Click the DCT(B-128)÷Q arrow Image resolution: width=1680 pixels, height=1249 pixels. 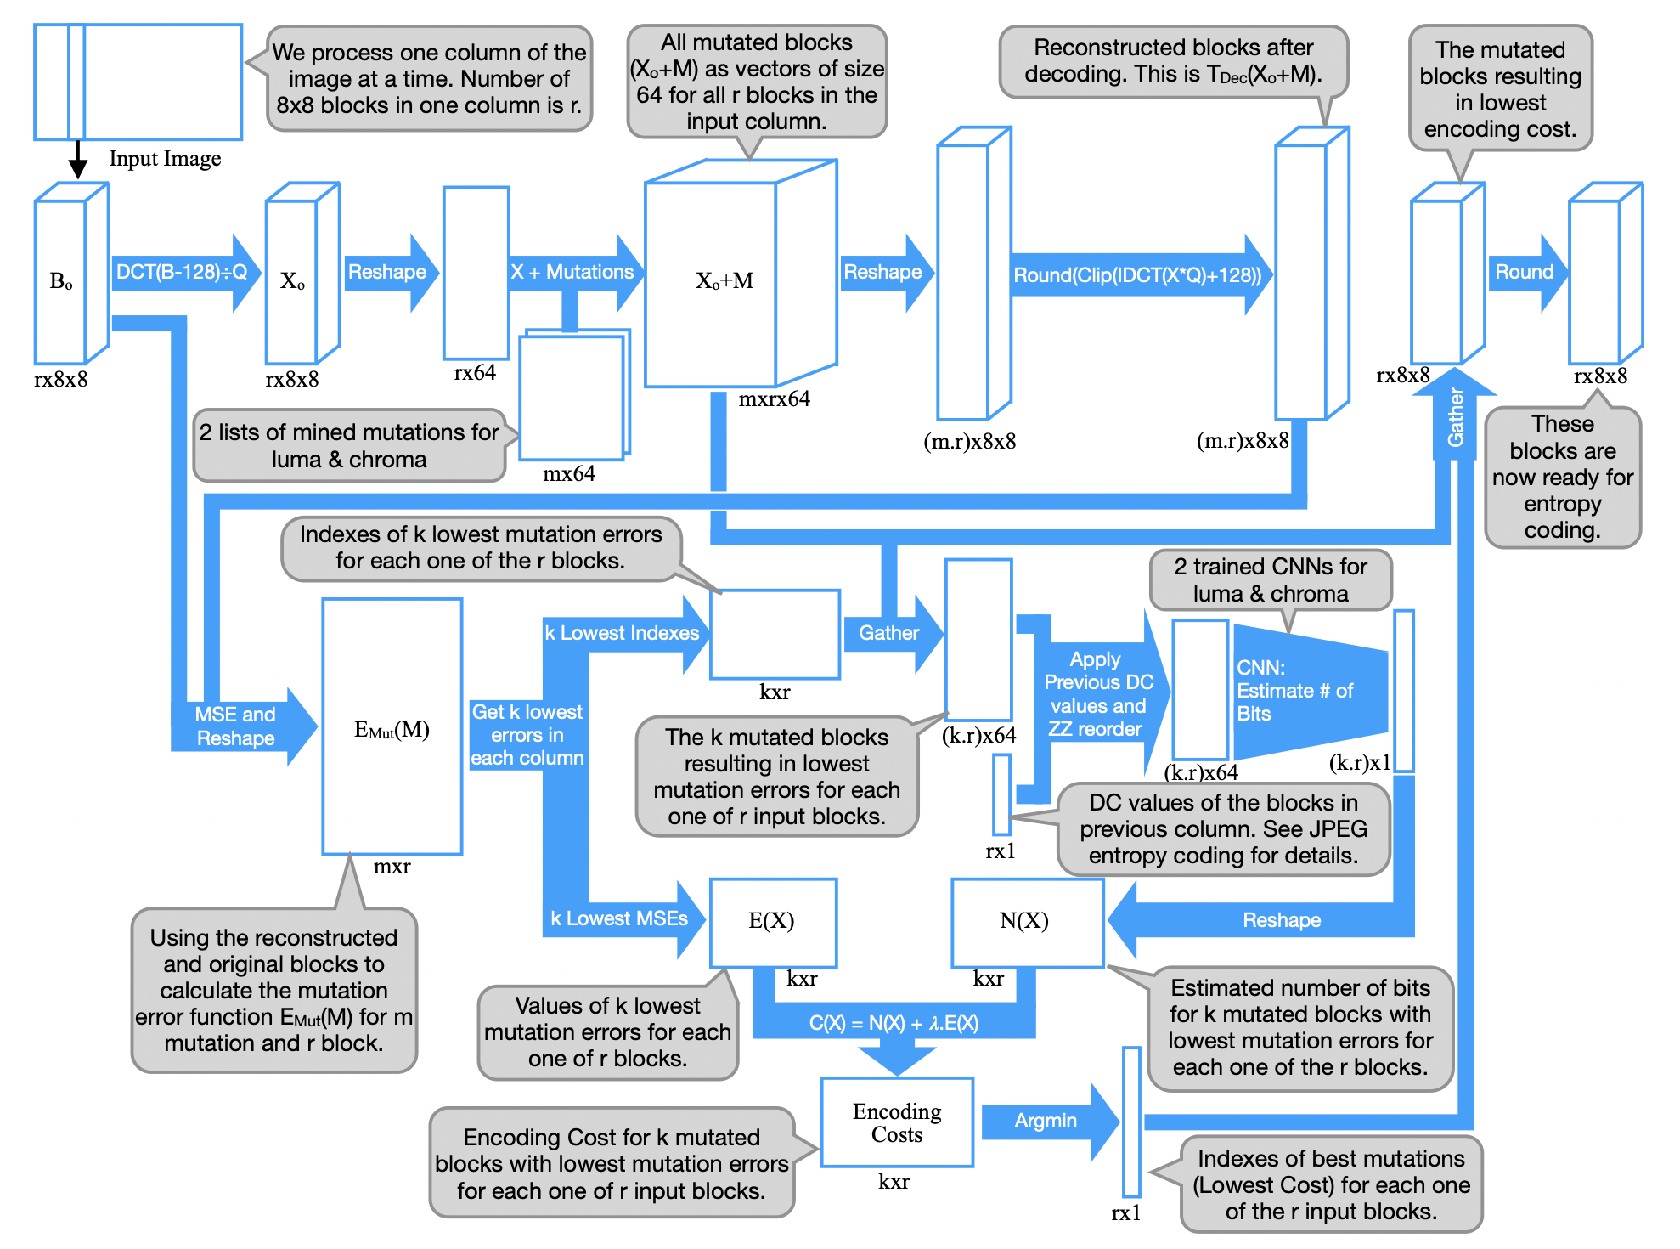pyautogui.click(x=182, y=273)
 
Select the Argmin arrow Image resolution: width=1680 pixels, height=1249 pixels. pyautogui.click(x=1046, y=1122)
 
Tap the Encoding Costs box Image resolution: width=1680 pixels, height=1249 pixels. pyautogui.click(x=897, y=1123)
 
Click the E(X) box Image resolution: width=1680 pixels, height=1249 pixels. pyautogui.click(x=772, y=922)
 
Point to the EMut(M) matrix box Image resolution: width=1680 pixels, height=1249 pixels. pyautogui.click(x=392, y=728)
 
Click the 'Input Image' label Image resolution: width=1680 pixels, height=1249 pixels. pyautogui.click(x=165, y=159)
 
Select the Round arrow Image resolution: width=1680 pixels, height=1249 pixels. pyautogui.click(x=1524, y=273)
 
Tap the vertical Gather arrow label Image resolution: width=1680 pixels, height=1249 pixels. pyautogui.click(x=1456, y=417)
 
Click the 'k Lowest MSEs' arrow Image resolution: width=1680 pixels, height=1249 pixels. pyautogui.click(x=619, y=919)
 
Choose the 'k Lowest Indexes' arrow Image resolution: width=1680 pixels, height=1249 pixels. pyautogui.click(x=622, y=634)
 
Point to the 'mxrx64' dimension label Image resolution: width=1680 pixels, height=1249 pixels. pyautogui.click(x=774, y=399)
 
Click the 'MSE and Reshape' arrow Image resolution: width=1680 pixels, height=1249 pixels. pyautogui.click(x=235, y=726)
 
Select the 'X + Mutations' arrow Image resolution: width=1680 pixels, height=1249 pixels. pyautogui.click(x=572, y=273)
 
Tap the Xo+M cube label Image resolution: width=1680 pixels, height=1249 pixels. pyautogui.click(x=724, y=281)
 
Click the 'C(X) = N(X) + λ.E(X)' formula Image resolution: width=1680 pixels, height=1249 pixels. pyautogui.click(x=894, y=1023)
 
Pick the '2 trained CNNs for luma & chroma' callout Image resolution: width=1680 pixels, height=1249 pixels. pyautogui.click(x=1271, y=580)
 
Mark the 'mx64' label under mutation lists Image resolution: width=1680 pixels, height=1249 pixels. pyautogui.click(x=569, y=474)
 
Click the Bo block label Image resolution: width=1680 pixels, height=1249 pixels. pyautogui.click(x=61, y=281)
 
